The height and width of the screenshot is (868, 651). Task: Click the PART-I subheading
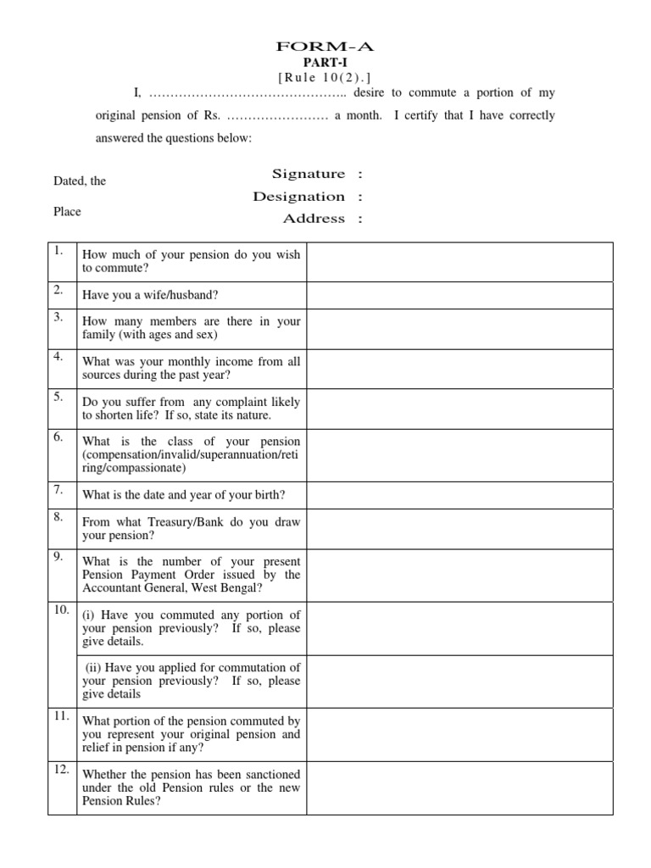click(325, 64)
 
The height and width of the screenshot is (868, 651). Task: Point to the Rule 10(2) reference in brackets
click(325, 78)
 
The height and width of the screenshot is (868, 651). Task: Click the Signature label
click(309, 174)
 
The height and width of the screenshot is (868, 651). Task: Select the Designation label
click(298, 197)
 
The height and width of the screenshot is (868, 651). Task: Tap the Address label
click(314, 219)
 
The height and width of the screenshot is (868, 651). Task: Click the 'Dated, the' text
click(80, 181)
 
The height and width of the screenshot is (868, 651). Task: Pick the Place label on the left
click(67, 212)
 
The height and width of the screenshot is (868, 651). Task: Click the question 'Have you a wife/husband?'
click(149, 296)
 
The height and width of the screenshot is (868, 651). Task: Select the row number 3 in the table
click(58, 318)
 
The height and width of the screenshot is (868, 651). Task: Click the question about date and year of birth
click(183, 496)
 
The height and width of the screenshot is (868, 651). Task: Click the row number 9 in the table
click(58, 557)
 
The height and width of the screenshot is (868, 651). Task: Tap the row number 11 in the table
click(61, 716)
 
